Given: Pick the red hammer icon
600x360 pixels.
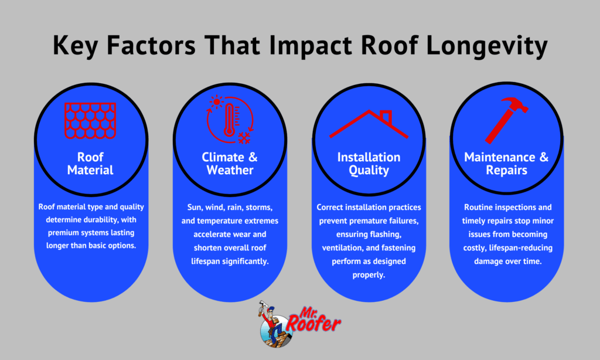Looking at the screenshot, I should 507,120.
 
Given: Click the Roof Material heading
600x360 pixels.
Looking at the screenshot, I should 90,164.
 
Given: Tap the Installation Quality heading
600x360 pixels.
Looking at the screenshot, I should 369,164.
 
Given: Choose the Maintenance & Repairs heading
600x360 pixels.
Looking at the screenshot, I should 507,164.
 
